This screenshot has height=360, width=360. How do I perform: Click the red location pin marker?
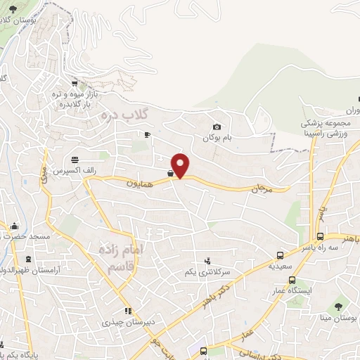181,165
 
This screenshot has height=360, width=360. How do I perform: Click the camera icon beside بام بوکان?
217,127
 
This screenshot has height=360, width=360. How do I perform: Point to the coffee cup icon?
147,134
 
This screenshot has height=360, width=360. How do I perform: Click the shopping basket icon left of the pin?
170,172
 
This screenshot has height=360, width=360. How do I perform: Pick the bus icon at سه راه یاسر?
320,237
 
